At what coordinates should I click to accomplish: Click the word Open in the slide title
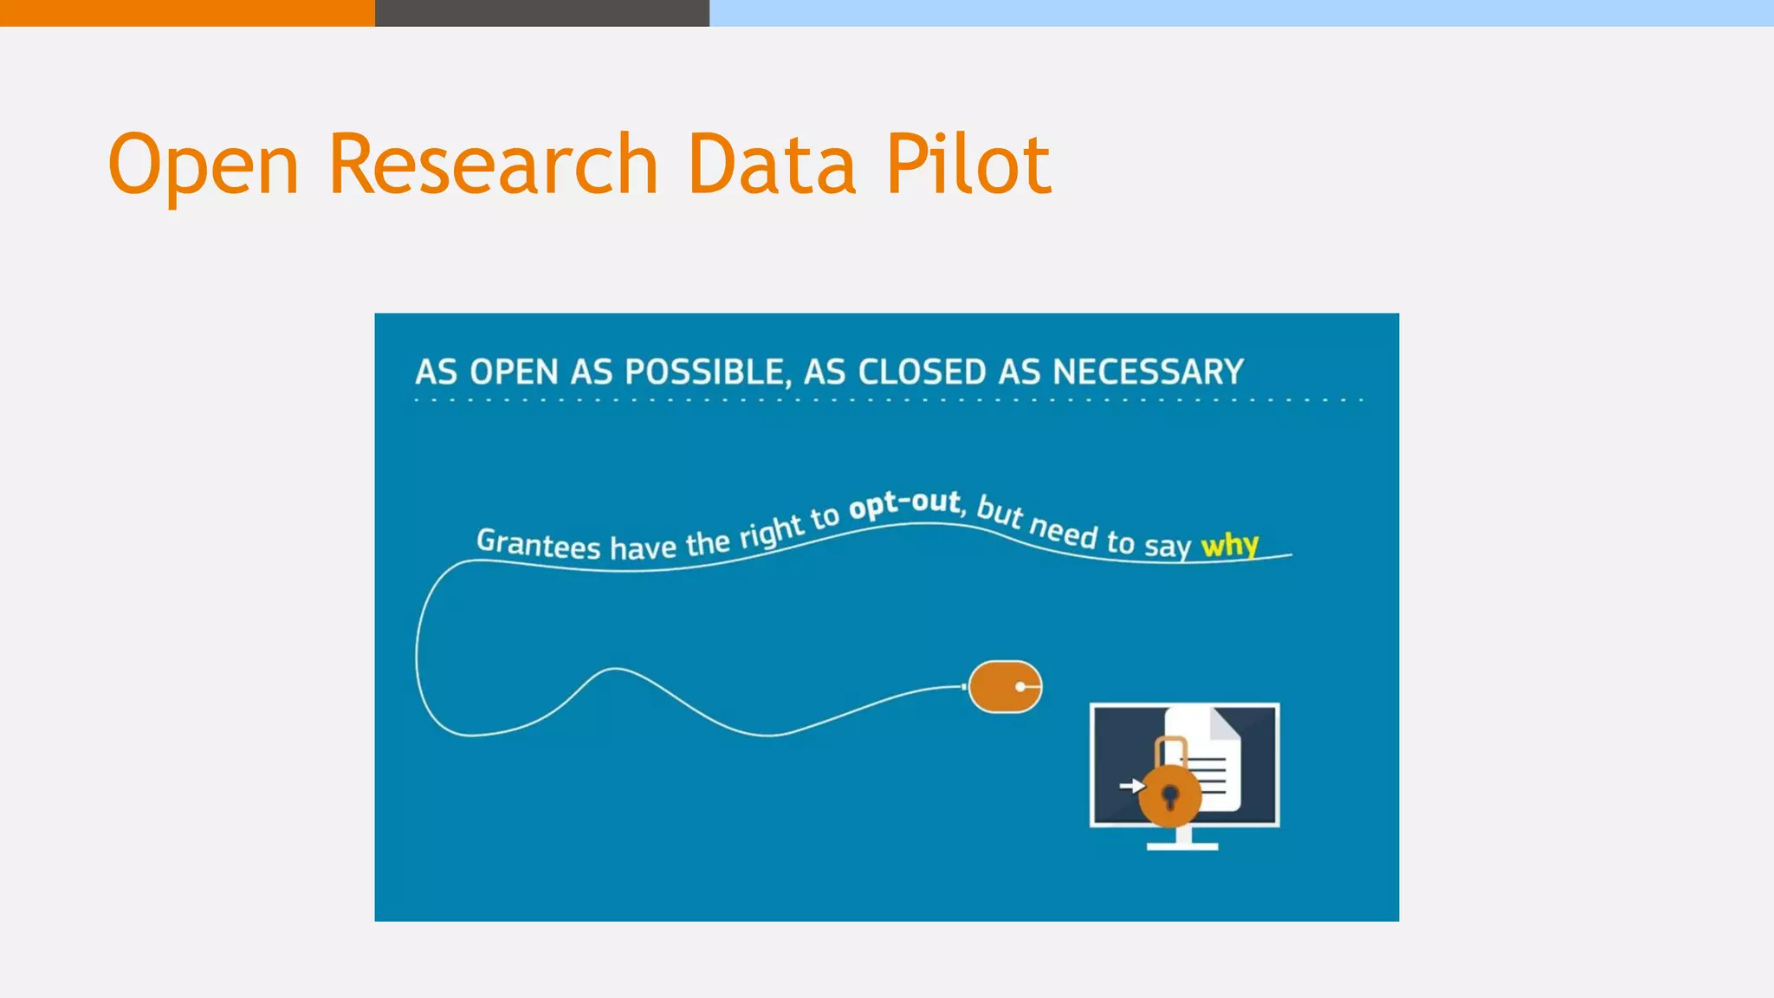(204, 165)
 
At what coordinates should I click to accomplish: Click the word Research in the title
(494, 165)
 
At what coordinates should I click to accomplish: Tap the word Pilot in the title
(968, 165)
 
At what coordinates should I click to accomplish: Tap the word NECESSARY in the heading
(1148, 373)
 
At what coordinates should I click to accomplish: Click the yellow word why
(1229, 545)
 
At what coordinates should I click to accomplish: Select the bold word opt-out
(904, 504)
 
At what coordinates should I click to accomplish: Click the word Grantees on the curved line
(538, 544)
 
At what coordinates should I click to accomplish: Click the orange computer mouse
(1005, 687)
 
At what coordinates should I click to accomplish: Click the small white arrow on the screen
(1131, 786)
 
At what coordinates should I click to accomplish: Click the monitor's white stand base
(1182, 846)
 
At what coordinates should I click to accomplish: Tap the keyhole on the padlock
(1170, 795)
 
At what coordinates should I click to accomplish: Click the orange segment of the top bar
(186, 12)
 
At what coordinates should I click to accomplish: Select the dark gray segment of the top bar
(541, 12)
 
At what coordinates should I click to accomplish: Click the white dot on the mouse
(1020, 687)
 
